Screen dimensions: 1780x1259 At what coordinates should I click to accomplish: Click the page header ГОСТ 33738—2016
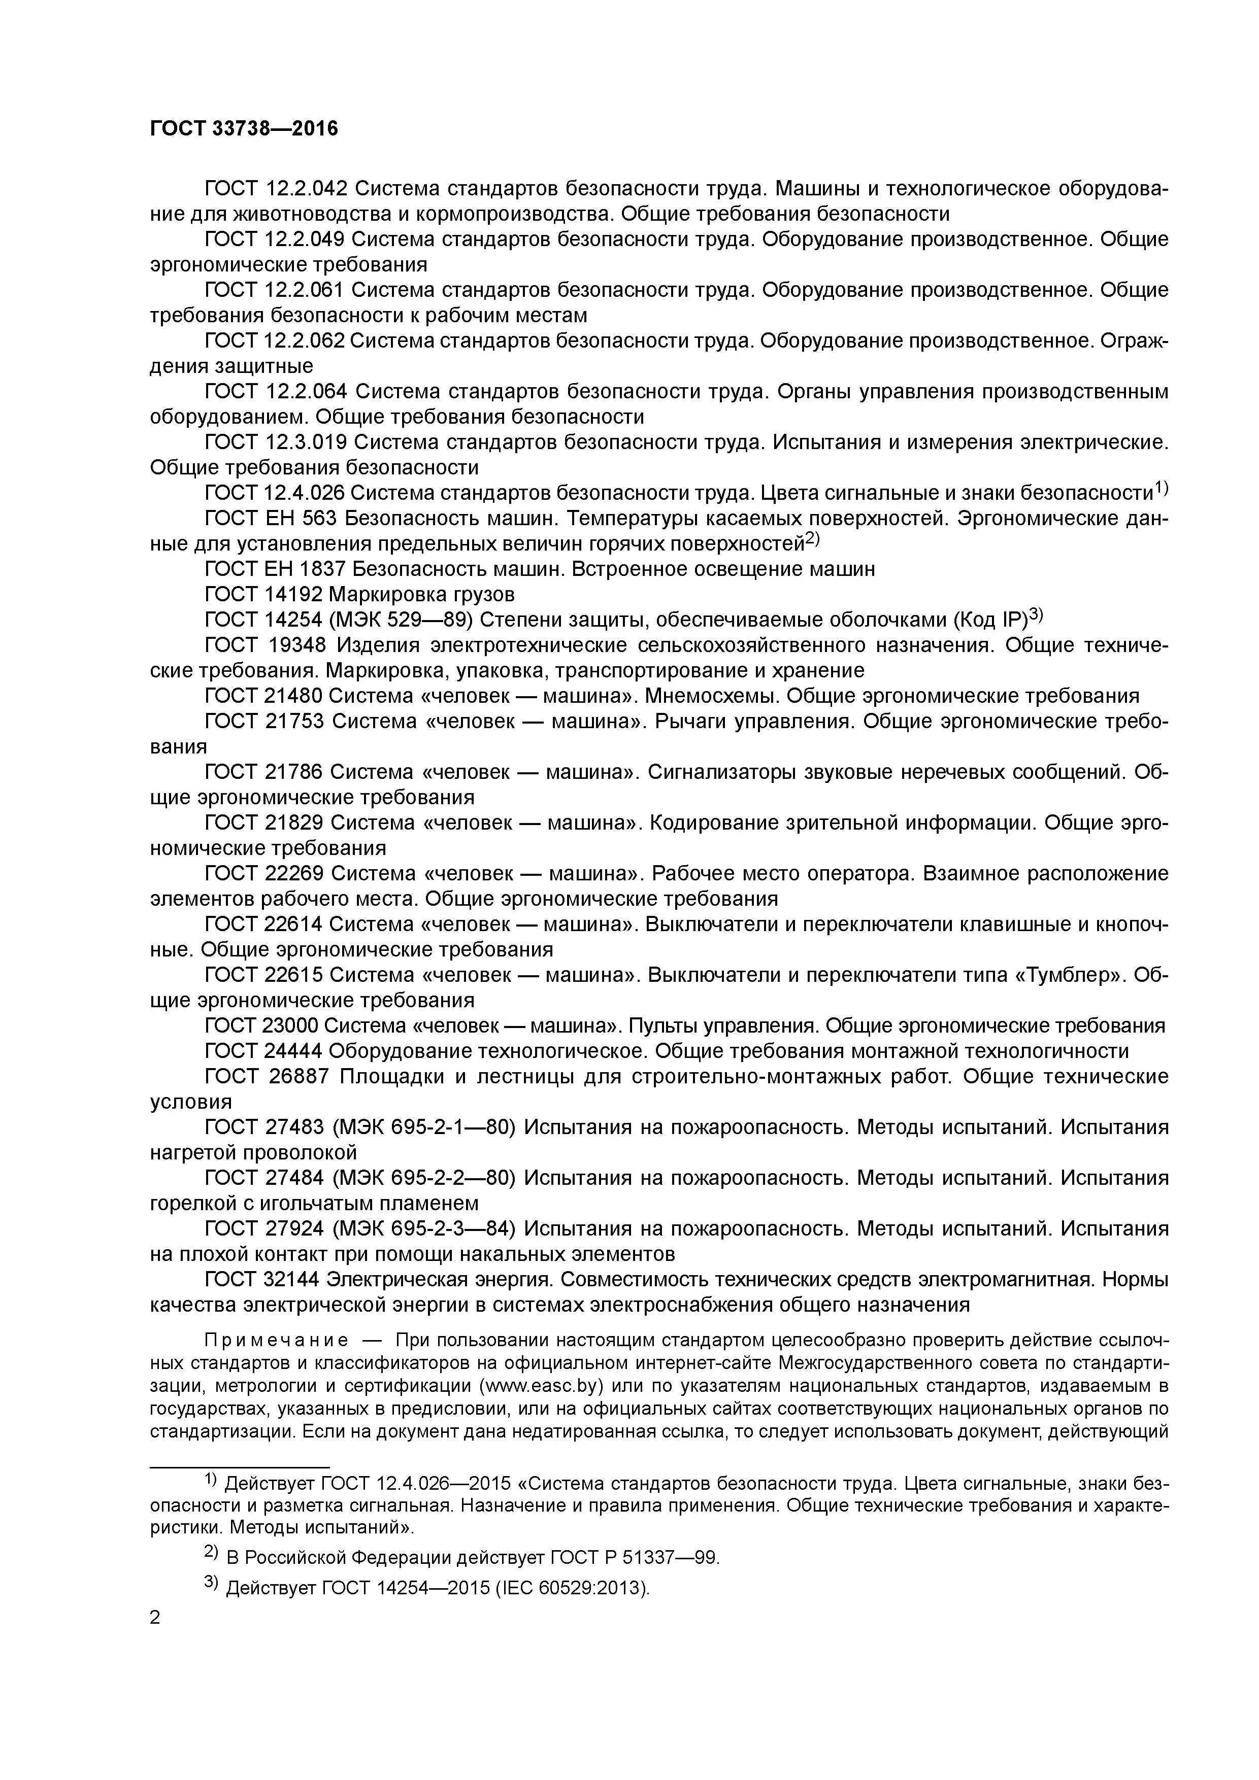click(x=244, y=129)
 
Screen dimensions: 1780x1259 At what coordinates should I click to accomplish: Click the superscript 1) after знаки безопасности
click(x=1161, y=488)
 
